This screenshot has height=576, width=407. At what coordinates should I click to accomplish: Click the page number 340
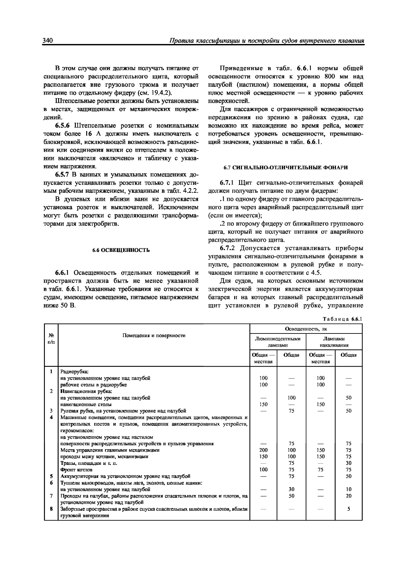click(x=48, y=40)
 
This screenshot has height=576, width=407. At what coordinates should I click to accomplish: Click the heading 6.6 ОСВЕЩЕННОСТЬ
click(x=121, y=250)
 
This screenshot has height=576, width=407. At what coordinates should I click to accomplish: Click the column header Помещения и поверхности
click(x=154, y=336)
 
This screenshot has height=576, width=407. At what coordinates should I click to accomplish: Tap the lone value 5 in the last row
click(x=349, y=509)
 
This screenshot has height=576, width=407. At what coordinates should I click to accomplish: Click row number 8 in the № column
click(x=51, y=509)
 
